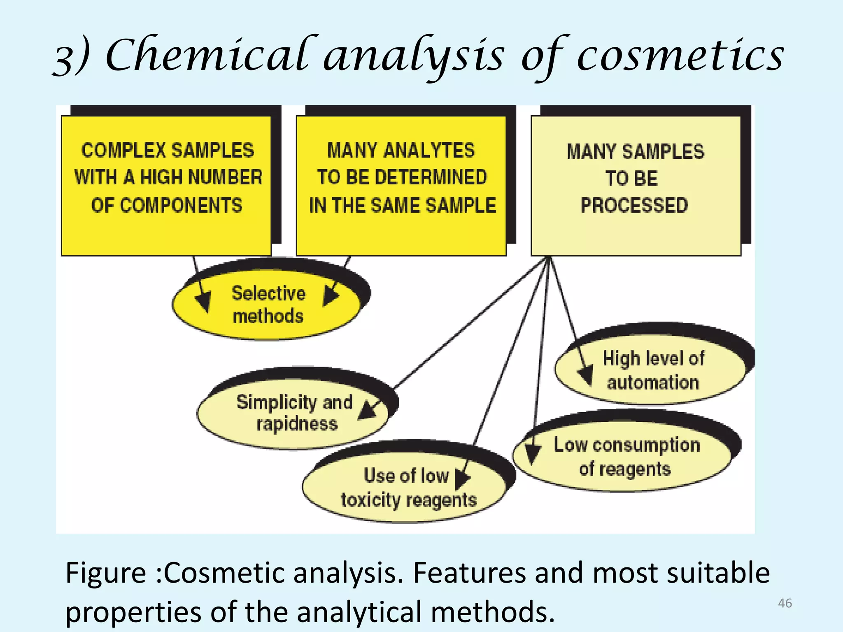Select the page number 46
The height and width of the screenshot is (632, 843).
pos(785,603)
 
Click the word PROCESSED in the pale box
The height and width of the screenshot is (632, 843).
pos(634,205)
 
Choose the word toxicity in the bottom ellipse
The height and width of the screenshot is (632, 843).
pos(370,500)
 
